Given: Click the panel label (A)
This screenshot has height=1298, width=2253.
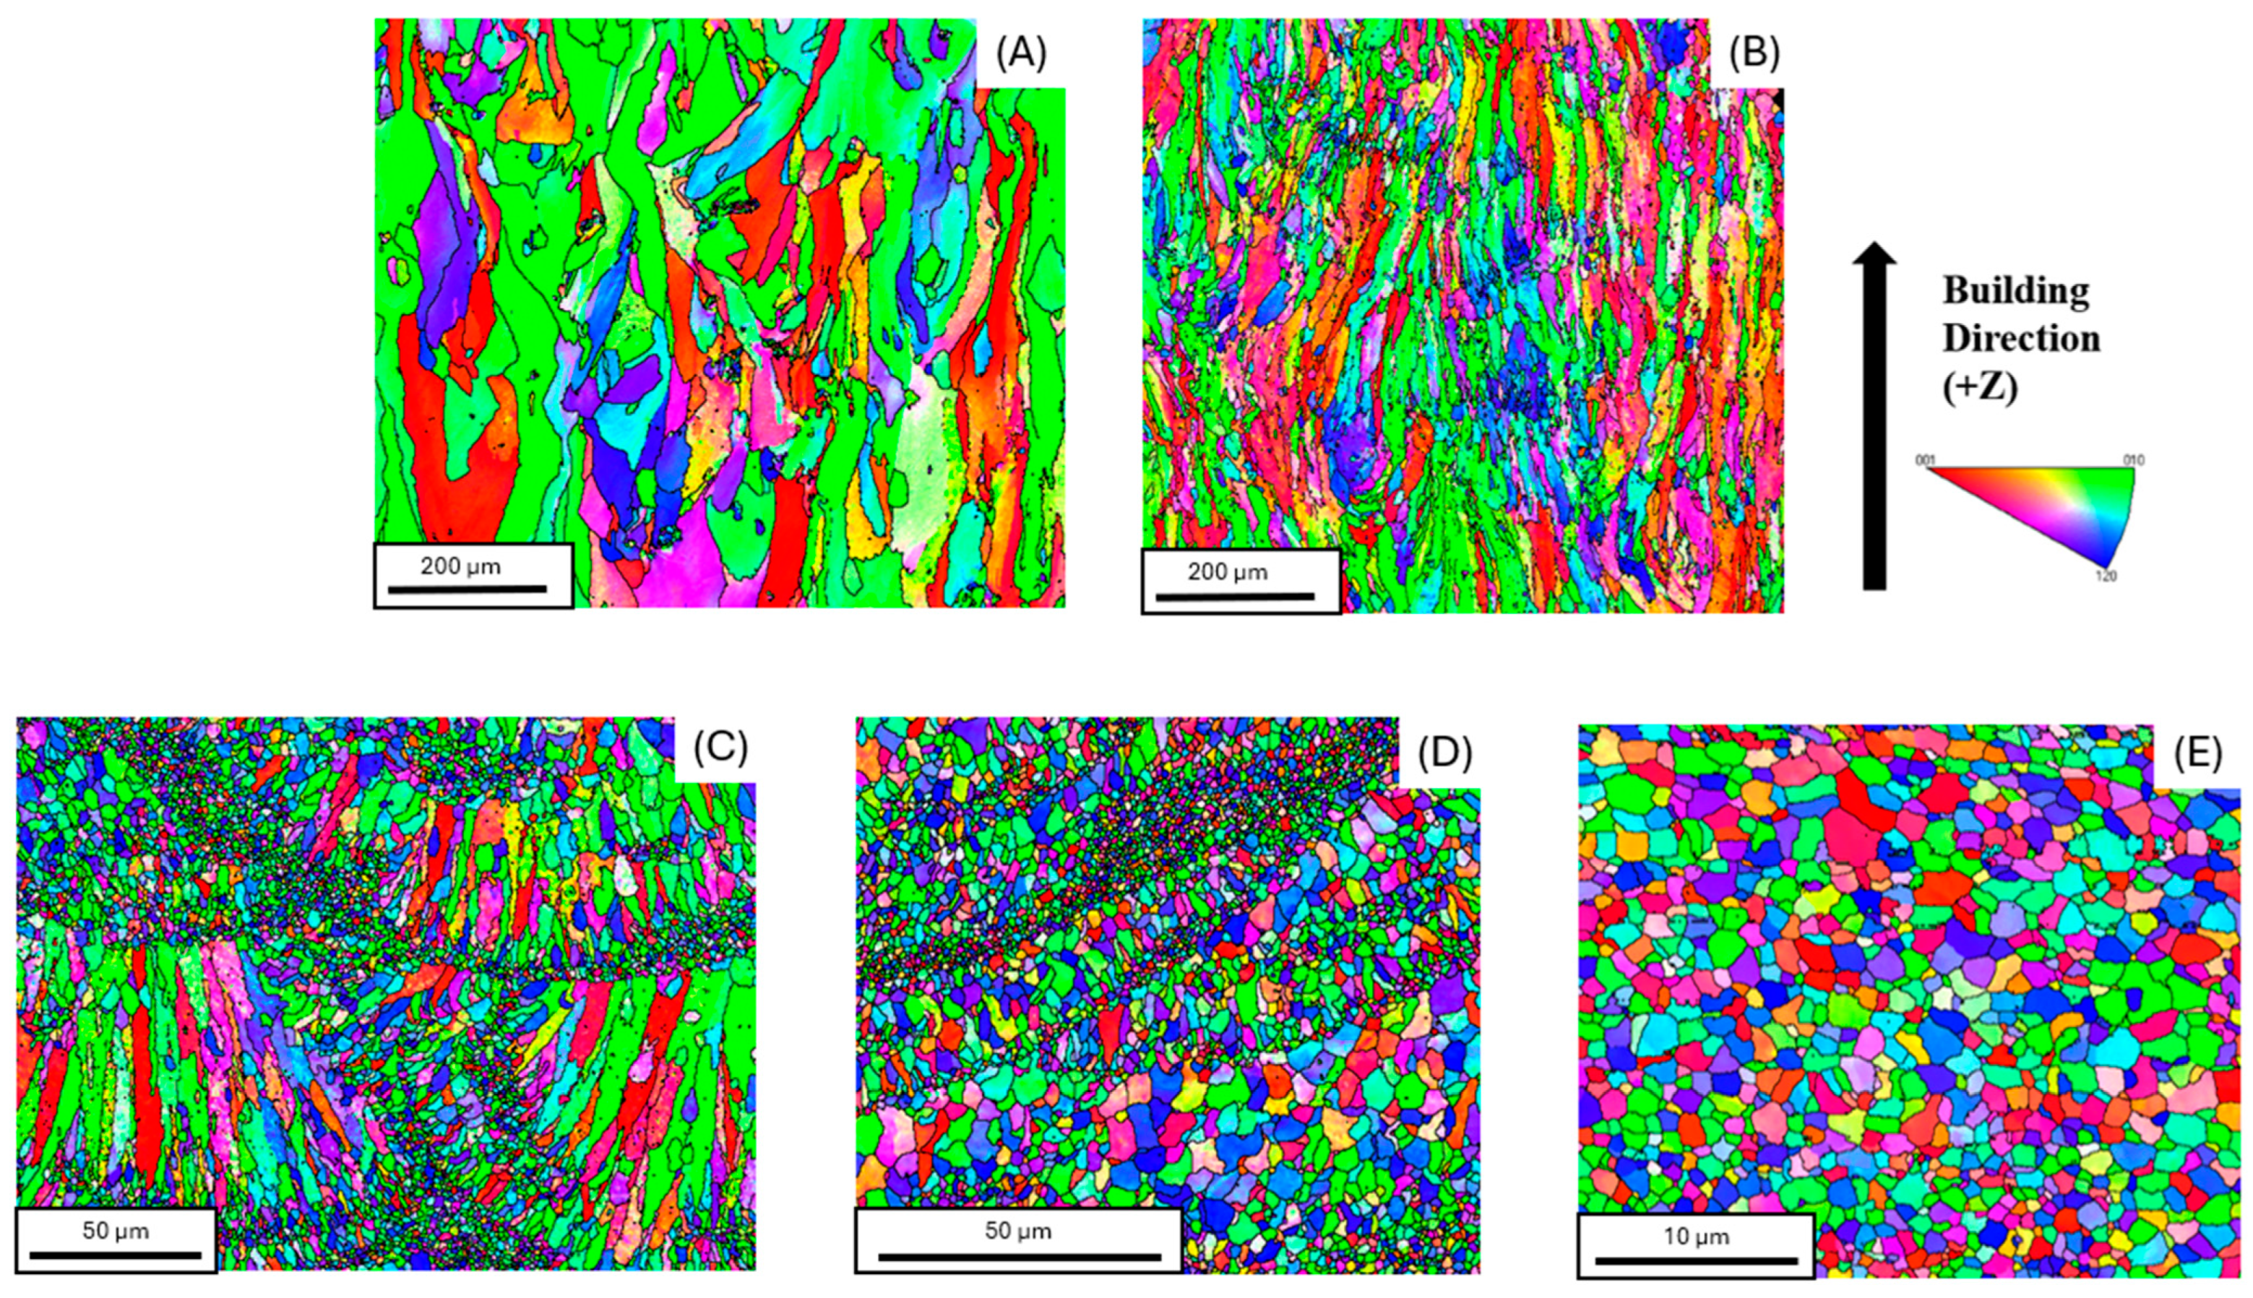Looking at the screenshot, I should coord(1021,54).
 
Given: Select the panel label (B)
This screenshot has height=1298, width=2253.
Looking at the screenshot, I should coord(1754,54).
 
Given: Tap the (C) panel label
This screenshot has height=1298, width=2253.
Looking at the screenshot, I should coord(720,750).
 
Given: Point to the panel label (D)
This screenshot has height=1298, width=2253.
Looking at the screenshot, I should coord(1444,753).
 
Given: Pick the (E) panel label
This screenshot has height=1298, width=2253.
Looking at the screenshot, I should coord(2197,754).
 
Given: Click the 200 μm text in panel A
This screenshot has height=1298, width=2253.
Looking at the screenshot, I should coord(460,566).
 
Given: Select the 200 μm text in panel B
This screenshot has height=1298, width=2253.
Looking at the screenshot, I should coord(1227,572).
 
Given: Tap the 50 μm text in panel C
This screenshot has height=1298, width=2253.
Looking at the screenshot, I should coord(115,1231).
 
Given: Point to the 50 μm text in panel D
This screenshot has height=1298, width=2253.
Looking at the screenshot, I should coord(1017,1231).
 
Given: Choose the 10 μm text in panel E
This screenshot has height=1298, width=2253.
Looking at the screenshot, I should coord(1696,1237).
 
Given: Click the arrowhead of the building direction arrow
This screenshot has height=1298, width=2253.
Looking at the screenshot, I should coord(1874,254).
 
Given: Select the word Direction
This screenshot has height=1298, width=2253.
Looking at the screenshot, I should coord(2021,339).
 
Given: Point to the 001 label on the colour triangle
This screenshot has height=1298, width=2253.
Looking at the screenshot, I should coord(1925,460).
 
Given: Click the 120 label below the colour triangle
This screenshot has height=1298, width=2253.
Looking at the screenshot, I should coord(2105,576).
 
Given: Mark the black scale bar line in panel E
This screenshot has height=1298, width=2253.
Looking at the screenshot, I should coord(1696,1260).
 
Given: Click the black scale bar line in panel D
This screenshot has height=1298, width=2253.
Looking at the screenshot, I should coord(1019,1257).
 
